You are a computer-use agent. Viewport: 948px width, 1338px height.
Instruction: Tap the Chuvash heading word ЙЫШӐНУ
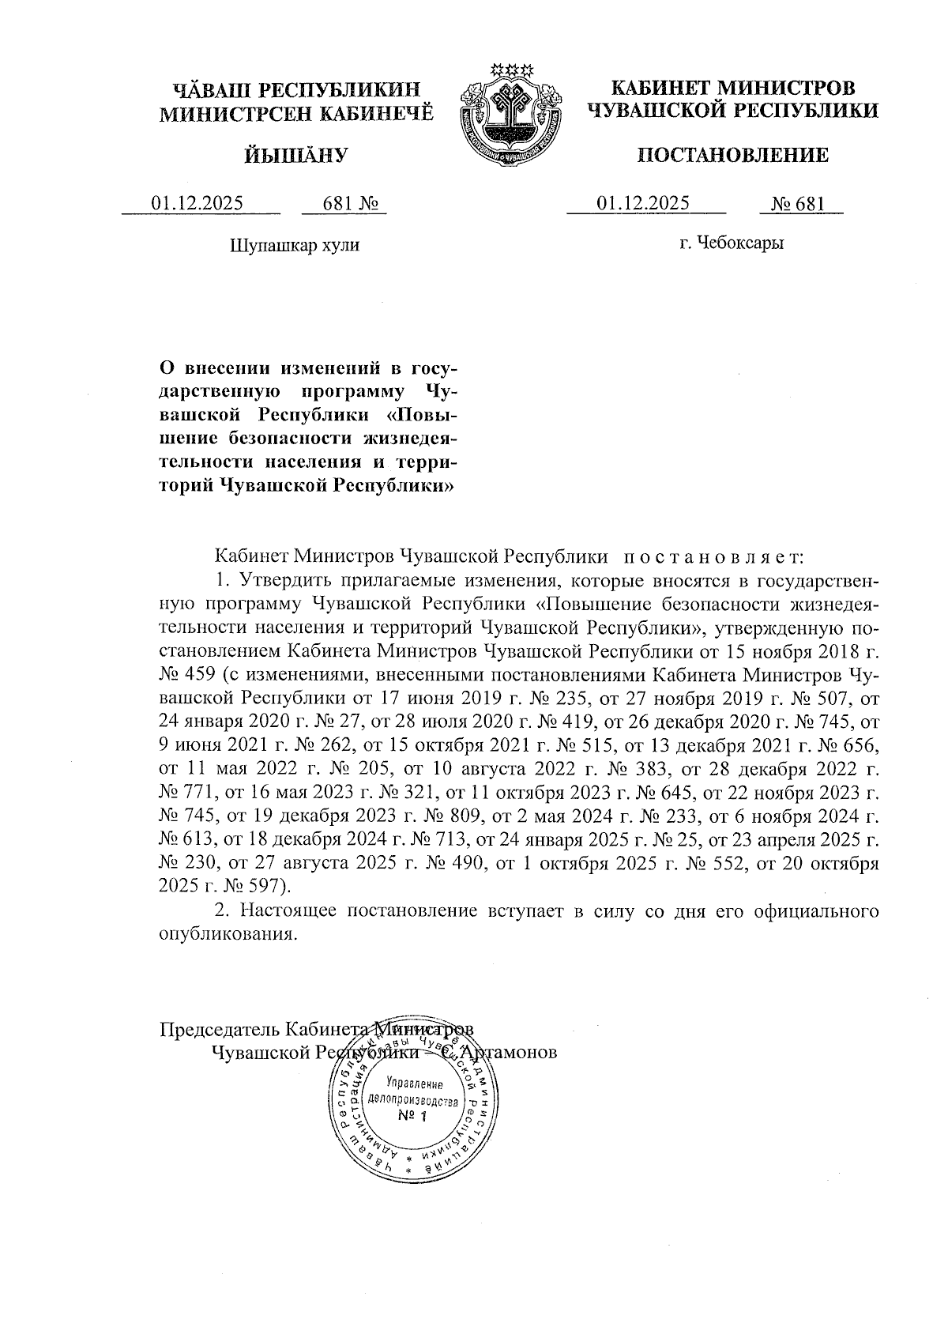[294, 156]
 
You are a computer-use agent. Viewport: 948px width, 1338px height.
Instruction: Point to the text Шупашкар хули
[294, 245]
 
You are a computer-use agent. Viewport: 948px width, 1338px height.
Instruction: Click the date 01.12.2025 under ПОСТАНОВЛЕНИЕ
[643, 204]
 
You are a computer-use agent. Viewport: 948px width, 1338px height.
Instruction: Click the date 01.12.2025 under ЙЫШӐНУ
[197, 204]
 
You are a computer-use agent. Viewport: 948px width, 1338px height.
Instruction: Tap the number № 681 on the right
[798, 205]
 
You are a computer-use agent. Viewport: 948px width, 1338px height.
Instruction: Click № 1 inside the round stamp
[412, 1117]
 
